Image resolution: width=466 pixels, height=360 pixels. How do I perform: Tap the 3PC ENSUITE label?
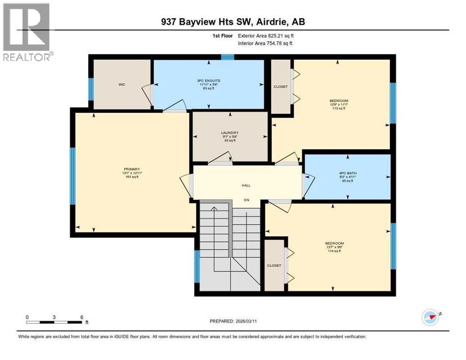point(209,81)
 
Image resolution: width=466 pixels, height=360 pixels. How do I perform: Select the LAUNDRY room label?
point(230,133)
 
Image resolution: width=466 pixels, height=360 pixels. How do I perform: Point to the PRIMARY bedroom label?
point(132,169)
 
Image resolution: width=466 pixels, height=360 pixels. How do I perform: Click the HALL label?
point(246,185)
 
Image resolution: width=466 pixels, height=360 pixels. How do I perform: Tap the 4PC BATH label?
point(348,173)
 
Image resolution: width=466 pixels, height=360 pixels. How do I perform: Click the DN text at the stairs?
point(246,200)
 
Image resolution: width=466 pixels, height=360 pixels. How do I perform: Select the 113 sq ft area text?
point(338,108)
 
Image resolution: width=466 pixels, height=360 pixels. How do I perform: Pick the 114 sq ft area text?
point(334,252)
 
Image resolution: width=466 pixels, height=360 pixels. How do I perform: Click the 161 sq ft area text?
point(132,177)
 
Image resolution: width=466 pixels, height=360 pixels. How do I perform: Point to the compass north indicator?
point(431,317)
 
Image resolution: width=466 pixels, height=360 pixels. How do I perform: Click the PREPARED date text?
point(240,321)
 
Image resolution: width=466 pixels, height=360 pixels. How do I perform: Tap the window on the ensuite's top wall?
point(227,57)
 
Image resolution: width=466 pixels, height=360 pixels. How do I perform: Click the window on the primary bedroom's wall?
point(73,176)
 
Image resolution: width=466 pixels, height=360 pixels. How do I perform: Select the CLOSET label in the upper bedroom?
point(281,87)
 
